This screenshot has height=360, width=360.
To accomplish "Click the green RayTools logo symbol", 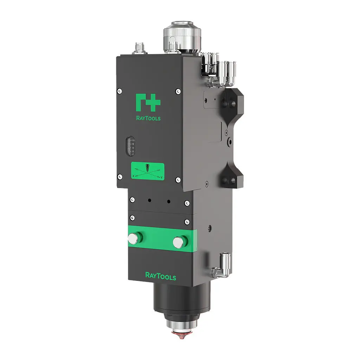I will (148, 102).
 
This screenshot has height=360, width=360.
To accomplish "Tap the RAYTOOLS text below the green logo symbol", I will (148, 118).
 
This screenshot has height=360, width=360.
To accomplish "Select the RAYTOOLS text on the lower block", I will (161, 276).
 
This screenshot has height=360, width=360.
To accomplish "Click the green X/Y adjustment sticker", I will (148, 171).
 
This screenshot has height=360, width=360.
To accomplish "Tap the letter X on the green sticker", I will (134, 175).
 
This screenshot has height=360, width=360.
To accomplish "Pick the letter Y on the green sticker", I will (161, 178).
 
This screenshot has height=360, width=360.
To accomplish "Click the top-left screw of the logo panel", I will (120, 91).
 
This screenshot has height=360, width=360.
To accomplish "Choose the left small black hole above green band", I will (150, 200).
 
